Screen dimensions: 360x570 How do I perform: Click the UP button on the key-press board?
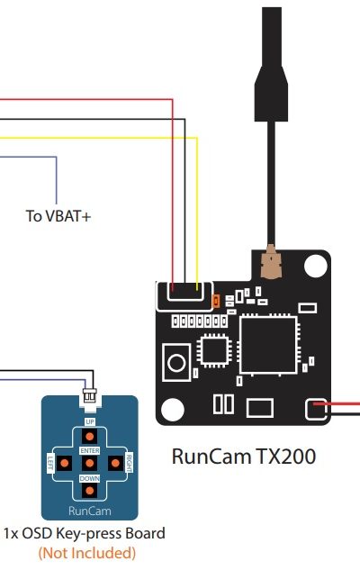pyautogui.click(x=89, y=436)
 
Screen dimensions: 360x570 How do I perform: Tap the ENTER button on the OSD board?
pyautogui.click(x=89, y=463)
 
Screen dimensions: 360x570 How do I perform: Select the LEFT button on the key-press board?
pyautogui.click(x=64, y=463)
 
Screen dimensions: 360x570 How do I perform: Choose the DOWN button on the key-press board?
pyautogui.click(x=89, y=491)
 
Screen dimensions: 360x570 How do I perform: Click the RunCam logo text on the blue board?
pyautogui.click(x=89, y=511)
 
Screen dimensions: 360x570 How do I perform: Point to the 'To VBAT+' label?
pyautogui.click(x=58, y=216)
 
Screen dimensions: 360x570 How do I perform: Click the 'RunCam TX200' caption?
pyautogui.click(x=243, y=457)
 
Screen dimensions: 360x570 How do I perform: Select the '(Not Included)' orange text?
pyautogui.click(x=87, y=553)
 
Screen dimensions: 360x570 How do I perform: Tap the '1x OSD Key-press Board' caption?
pyautogui.click(x=85, y=533)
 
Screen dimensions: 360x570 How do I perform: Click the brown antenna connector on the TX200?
pyautogui.click(x=271, y=262)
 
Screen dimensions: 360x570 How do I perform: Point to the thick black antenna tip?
pyautogui.click(x=272, y=64)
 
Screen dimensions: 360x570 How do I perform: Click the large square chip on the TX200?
pyautogui.click(x=268, y=345)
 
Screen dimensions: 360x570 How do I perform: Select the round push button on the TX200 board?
pyautogui.click(x=177, y=362)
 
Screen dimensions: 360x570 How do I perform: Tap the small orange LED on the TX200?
pyautogui.click(x=216, y=302)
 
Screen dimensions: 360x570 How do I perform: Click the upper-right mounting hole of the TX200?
pyautogui.click(x=315, y=266)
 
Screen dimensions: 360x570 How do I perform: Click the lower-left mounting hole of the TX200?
pyautogui.click(x=172, y=410)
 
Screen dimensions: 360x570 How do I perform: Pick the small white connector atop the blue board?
pyautogui.click(x=90, y=396)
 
